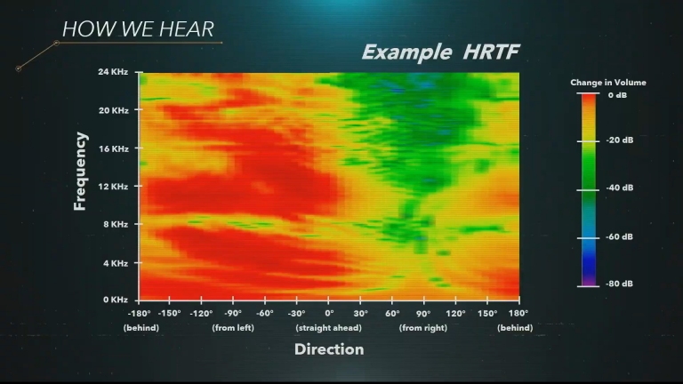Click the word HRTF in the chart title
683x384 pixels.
491,52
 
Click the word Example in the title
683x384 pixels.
406,52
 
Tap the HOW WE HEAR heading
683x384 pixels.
138,29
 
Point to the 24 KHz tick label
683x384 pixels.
113,72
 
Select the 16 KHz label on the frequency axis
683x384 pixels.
113,149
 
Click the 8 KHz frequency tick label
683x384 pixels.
116,224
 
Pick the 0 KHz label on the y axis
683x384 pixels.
116,300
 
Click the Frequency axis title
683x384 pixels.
80,172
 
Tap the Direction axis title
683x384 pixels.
329,349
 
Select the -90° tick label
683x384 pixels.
233,313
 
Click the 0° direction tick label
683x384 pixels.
329,313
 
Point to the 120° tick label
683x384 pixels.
455,313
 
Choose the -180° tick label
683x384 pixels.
139,313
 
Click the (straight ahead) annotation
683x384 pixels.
328,328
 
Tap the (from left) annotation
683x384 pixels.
233,328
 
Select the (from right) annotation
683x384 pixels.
423,328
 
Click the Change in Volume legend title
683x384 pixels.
608,83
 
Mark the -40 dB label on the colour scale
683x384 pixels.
619,188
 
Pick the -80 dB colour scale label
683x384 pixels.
619,284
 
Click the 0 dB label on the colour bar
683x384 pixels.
617,95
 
